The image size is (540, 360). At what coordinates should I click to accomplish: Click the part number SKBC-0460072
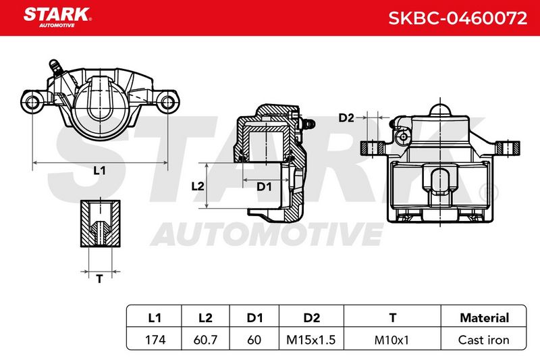pos(458,18)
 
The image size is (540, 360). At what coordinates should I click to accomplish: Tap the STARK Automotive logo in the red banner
pos(57,18)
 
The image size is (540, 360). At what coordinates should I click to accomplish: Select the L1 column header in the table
pos(155,317)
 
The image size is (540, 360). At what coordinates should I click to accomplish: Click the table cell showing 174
pos(155,340)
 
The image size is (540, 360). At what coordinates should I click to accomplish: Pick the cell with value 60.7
pos(205,340)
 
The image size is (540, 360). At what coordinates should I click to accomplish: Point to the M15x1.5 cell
pos(311,340)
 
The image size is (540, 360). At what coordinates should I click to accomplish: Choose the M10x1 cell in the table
pos(391,340)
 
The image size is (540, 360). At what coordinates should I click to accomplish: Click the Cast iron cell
pos(483,340)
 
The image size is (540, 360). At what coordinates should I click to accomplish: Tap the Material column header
pos(484,317)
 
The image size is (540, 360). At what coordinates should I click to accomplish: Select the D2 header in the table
pos(312,317)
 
